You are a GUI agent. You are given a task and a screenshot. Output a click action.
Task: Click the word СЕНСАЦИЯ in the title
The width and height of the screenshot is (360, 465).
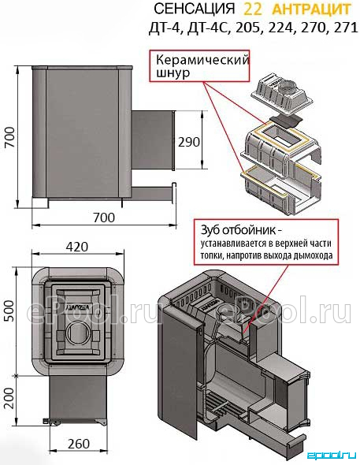click(x=194, y=9)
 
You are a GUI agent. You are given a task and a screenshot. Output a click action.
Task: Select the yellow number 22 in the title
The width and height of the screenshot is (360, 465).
click(x=253, y=9)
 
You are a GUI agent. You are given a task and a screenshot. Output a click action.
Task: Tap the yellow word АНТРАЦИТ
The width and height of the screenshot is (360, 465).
click(x=311, y=9)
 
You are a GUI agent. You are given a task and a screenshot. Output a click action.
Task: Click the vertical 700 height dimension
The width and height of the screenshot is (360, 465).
click(x=10, y=137)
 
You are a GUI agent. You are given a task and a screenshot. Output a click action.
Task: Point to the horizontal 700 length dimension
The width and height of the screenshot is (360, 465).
click(x=104, y=218)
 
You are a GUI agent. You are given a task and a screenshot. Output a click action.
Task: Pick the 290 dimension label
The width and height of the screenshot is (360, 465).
click(x=189, y=142)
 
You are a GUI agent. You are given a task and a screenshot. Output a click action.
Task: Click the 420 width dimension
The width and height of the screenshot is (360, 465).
click(x=77, y=247)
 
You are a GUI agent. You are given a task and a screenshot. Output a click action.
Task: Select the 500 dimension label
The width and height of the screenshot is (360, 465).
click(x=9, y=311)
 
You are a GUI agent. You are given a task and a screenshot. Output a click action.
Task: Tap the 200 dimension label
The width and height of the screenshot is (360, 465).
click(x=9, y=398)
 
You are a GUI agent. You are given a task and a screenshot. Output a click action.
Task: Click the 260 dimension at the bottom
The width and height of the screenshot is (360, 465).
click(x=79, y=444)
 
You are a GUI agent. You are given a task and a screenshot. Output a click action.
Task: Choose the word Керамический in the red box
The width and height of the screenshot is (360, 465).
click(x=202, y=61)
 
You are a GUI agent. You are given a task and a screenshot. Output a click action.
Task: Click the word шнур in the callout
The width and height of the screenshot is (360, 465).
click(x=173, y=73)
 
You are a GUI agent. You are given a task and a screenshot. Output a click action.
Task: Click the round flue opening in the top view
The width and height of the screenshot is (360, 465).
click(x=78, y=333)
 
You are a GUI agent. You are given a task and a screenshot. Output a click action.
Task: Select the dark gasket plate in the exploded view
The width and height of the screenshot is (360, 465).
click(x=285, y=121)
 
